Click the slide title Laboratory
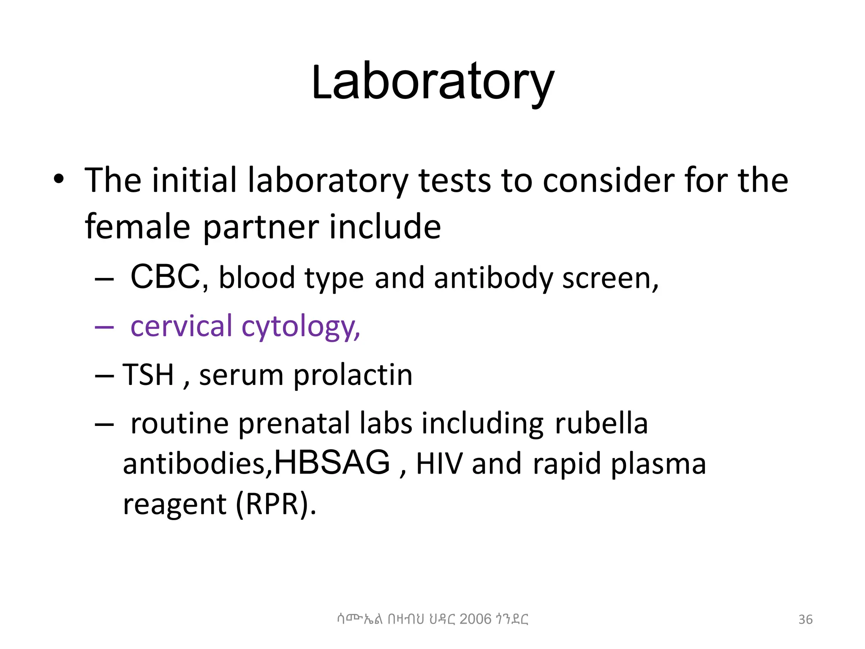tap(432, 82)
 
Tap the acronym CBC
tap(165, 277)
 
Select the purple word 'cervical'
tap(181, 326)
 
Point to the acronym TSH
tap(148, 374)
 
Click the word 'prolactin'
tap(353, 375)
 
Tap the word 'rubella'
tap(601, 423)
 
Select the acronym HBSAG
tap(332, 463)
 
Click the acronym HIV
tap(439, 464)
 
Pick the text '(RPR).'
tap(276, 504)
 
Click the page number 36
tap(805, 619)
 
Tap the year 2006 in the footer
tap(476, 619)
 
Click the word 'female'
tap(137, 227)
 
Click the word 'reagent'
tap(174, 505)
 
